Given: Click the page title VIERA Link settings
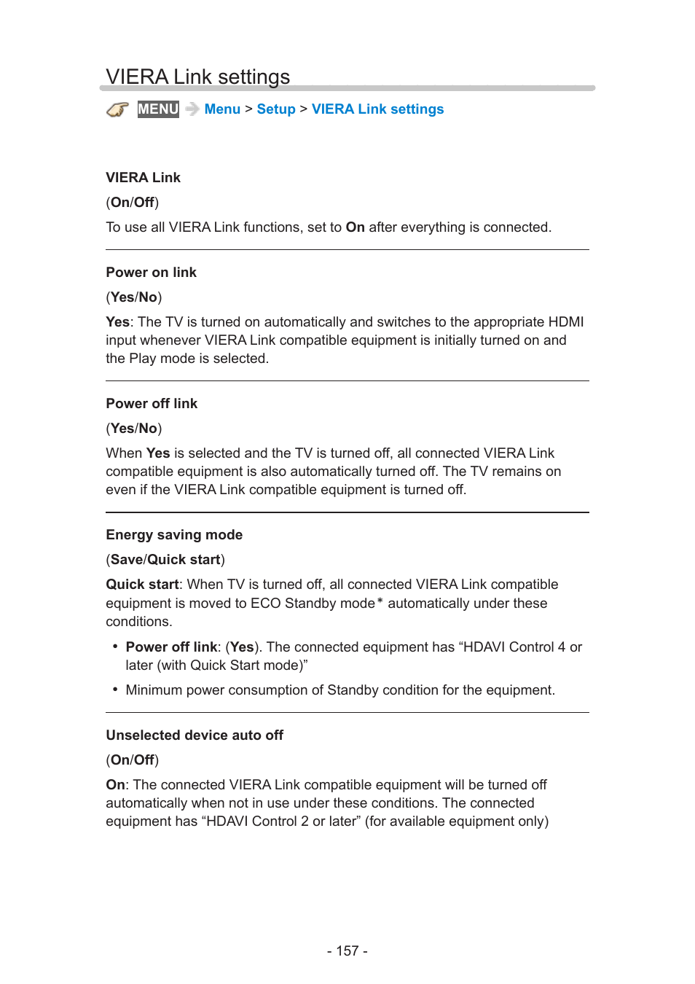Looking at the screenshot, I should tap(197, 77).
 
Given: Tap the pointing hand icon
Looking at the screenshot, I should tap(117, 109).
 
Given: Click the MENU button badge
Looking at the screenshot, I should tap(158, 109).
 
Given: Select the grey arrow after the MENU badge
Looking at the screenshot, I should tap(192, 109).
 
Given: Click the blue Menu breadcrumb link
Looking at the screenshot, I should tap(222, 109).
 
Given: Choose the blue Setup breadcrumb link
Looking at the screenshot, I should tap(276, 109).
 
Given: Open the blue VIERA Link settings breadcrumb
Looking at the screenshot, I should tap(377, 109).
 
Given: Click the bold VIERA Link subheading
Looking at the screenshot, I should tap(143, 178).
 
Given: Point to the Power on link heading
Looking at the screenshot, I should tap(151, 273).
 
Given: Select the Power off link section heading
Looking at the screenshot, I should tap(152, 404).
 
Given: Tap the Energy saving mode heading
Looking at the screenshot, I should tap(174, 535).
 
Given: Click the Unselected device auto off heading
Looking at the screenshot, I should tap(195, 735).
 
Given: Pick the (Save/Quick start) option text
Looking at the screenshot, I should tap(165, 560).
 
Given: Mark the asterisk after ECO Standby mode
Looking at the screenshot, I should tap(380, 601).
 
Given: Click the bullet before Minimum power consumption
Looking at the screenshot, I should tap(115, 690).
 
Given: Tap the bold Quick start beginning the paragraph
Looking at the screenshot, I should tap(142, 585).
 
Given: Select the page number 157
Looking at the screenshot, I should tap(347, 951).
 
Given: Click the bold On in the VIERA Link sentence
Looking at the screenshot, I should tap(355, 227).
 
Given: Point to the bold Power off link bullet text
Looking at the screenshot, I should tap(171, 647).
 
